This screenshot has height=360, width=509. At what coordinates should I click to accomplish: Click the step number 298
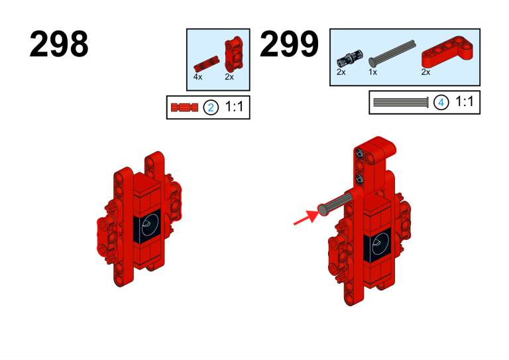[x=59, y=44]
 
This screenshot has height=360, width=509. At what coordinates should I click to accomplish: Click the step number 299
[x=289, y=44]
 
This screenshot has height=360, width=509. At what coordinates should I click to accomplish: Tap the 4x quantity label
[x=198, y=77]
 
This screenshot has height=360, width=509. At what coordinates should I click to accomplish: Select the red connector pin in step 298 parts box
[x=206, y=64]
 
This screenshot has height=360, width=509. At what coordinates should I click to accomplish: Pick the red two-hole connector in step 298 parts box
[x=234, y=54]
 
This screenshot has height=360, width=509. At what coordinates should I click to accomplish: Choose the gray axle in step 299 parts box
[x=392, y=54]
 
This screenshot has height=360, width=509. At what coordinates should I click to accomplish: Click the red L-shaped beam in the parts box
[x=447, y=52]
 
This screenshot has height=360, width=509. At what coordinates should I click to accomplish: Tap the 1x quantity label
[x=372, y=72]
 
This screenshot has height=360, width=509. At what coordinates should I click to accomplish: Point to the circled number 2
[x=211, y=107]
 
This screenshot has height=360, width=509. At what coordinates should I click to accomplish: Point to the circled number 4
[x=441, y=103]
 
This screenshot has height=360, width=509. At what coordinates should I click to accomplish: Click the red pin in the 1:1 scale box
[x=184, y=107]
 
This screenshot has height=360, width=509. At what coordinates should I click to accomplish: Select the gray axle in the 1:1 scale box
[x=401, y=103]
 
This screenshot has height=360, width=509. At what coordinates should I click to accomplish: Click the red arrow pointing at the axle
[x=307, y=217]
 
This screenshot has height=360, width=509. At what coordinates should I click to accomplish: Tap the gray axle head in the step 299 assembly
[x=323, y=210]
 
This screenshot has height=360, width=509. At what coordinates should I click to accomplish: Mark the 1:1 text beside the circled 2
[x=234, y=107]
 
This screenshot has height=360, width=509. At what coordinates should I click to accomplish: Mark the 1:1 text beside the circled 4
[x=465, y=101]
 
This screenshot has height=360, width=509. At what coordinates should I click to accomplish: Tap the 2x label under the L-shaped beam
[x=425, y=72]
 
